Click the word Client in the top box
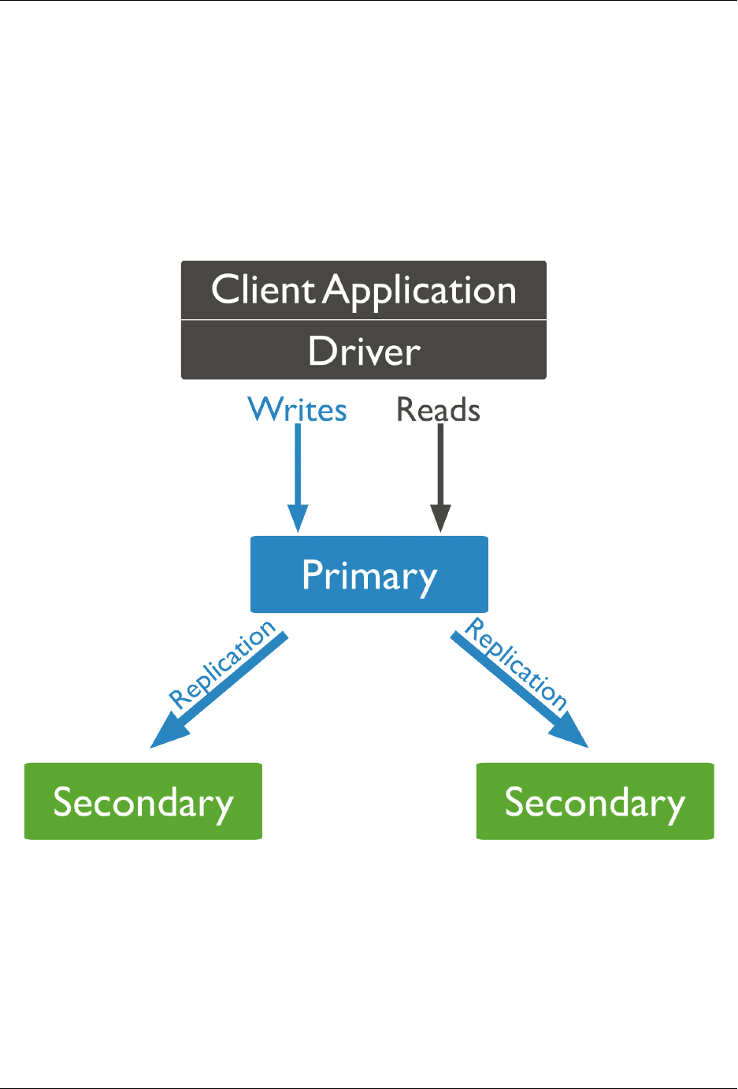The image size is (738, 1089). pyautogui.click(x=263, y=290)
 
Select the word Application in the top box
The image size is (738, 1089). pyautogui.click(x=421, y=292)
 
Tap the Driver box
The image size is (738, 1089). pyautogui.click(x=364, y=351)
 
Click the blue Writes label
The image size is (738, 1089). pyautogui.click(x=297, y=410)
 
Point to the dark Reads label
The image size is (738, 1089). pyautogui.click(x=438, y=410)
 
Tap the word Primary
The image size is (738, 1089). pyautogui.click(x=369, y=576)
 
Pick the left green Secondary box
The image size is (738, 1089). pyautogui.click(x=143, y=801)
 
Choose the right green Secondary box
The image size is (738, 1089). pyautogui.click(x=595, y=801)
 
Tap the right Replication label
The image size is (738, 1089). pyautogui.click(x=517, y=664)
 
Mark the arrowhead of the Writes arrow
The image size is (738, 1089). pyautogui.click(x=298, y=518)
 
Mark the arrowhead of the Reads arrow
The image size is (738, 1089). pyautogui.click(x=441, y=518)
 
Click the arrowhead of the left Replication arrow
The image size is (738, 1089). pyautogui.click(x=167, y=734)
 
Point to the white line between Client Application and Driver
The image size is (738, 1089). pyautogui.click(x=364, y=320)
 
